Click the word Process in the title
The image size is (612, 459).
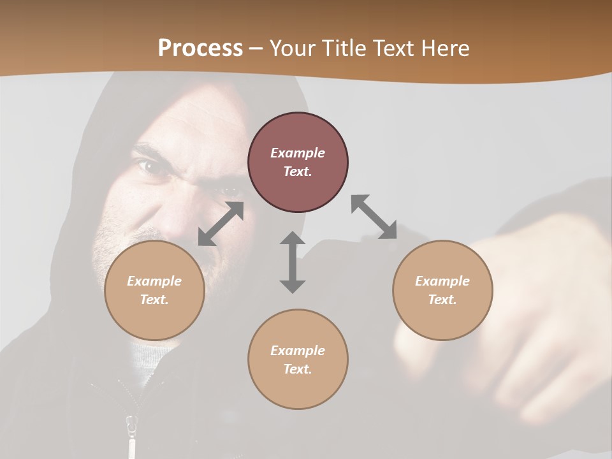[200, 48]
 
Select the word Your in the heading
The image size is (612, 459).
[293, 48]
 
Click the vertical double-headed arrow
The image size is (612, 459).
[293, 262]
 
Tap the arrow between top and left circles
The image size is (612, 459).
[221, 224]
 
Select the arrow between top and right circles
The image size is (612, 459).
[374, 217]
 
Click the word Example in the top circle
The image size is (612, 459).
[298, 153]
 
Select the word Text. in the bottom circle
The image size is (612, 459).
[298, 369]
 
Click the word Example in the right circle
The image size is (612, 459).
[442, 281]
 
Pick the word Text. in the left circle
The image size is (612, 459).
[154, 300]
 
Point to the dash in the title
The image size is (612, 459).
[256, 48]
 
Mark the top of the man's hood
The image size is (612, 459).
[191, 80]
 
